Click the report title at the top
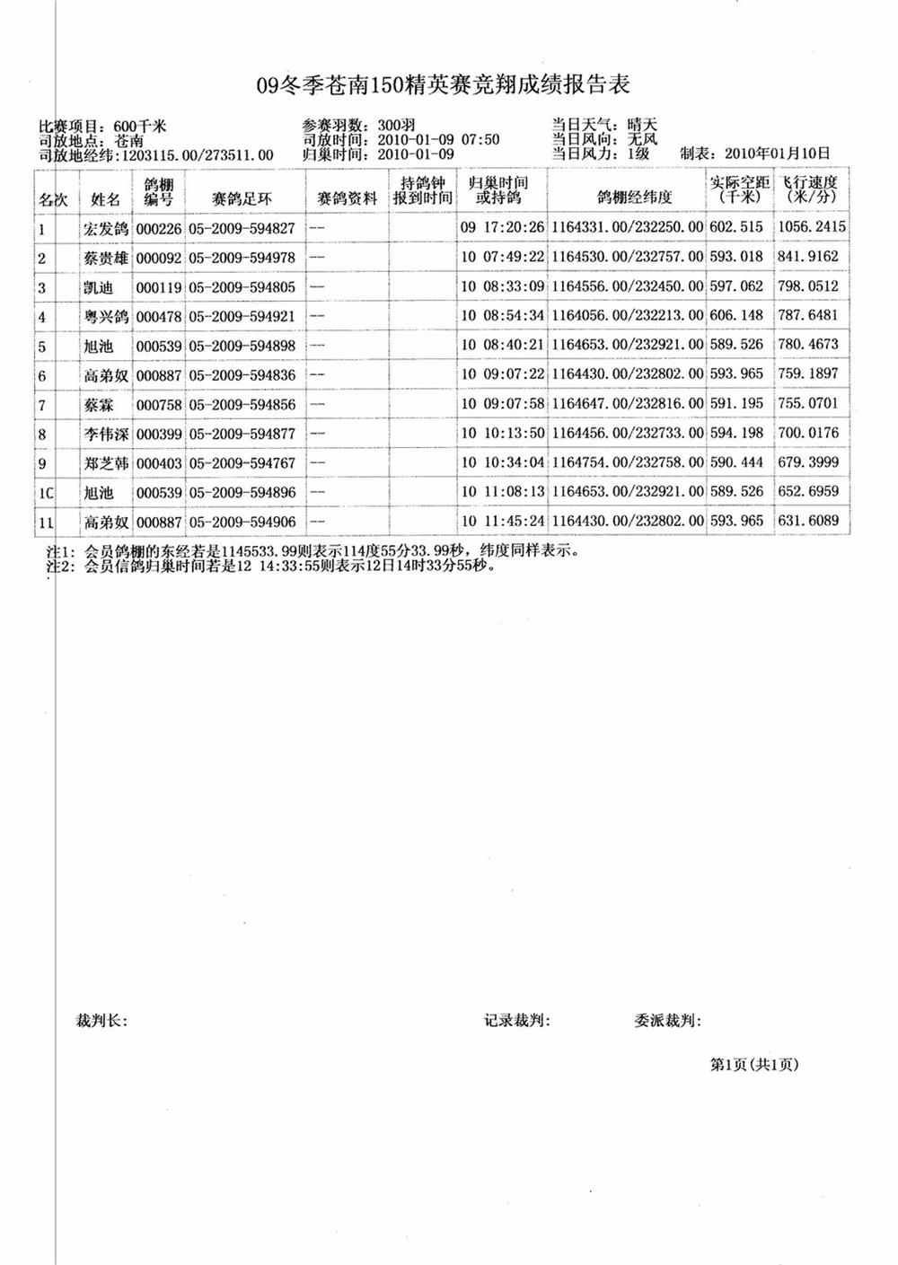[x=444, y=85]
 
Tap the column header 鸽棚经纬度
[x=634, y=198]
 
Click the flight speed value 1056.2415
[x=811, y=227]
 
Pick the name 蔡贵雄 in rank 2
[x=107, y=258]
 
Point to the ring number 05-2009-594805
[x=242, y=287]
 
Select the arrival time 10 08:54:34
[x=502, y=316]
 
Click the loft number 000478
[x=159, y=317]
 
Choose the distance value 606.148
[x=736, y=316]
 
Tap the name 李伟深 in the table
[x=107, y=434]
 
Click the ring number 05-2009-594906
[x=242, y=522]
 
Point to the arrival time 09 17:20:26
[x=502, y=228]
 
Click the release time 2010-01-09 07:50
[x=438, y=140]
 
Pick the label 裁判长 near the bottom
[x=102, y=1020]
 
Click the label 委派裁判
[x=667, y=1020]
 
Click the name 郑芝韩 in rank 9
[x=107, y=463]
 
